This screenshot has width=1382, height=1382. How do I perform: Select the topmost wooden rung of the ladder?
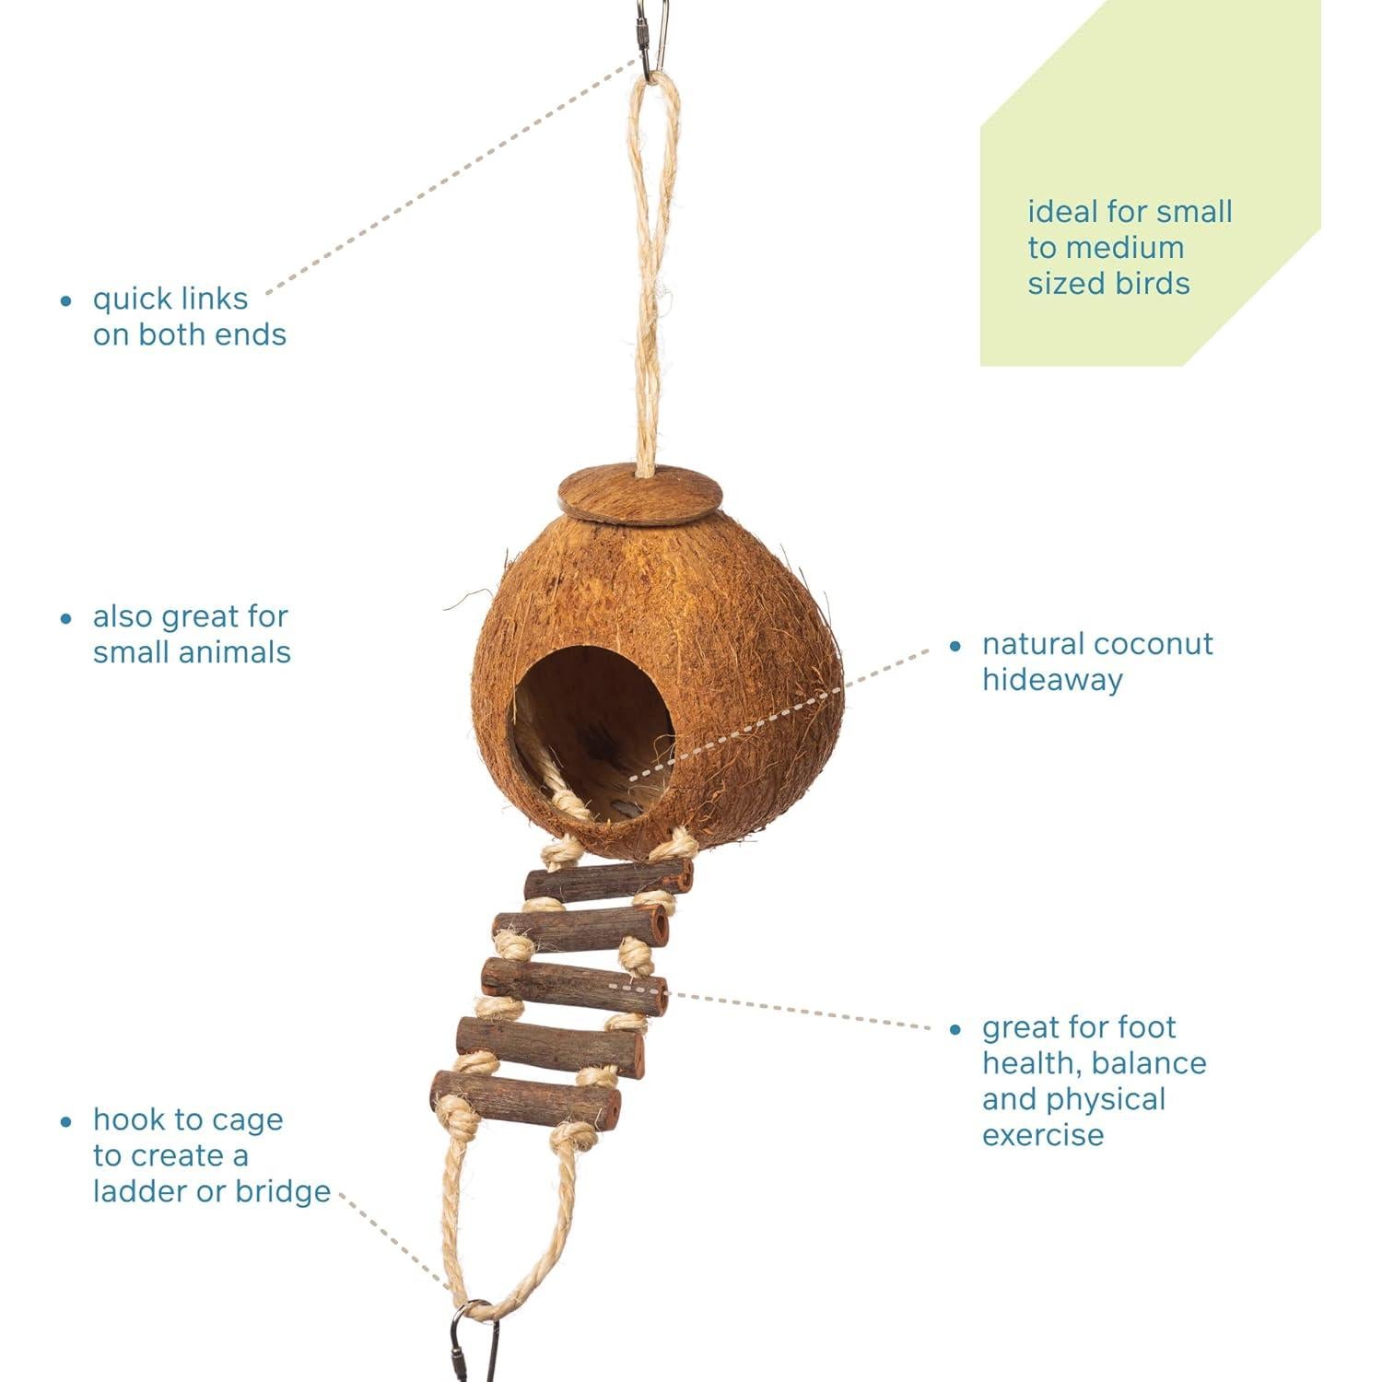tap(608, 882)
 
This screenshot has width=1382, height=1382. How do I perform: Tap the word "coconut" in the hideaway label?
tap(1156, 644)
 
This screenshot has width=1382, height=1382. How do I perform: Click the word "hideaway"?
tap(1052, 680)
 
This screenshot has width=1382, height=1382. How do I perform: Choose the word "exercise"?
tap(1042, 1134)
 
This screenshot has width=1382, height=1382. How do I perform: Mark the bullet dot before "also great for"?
tap(65, 618)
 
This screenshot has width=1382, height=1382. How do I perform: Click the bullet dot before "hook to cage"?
tap(65, 1121)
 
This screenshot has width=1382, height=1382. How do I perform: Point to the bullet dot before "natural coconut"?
tap(955, 646)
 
